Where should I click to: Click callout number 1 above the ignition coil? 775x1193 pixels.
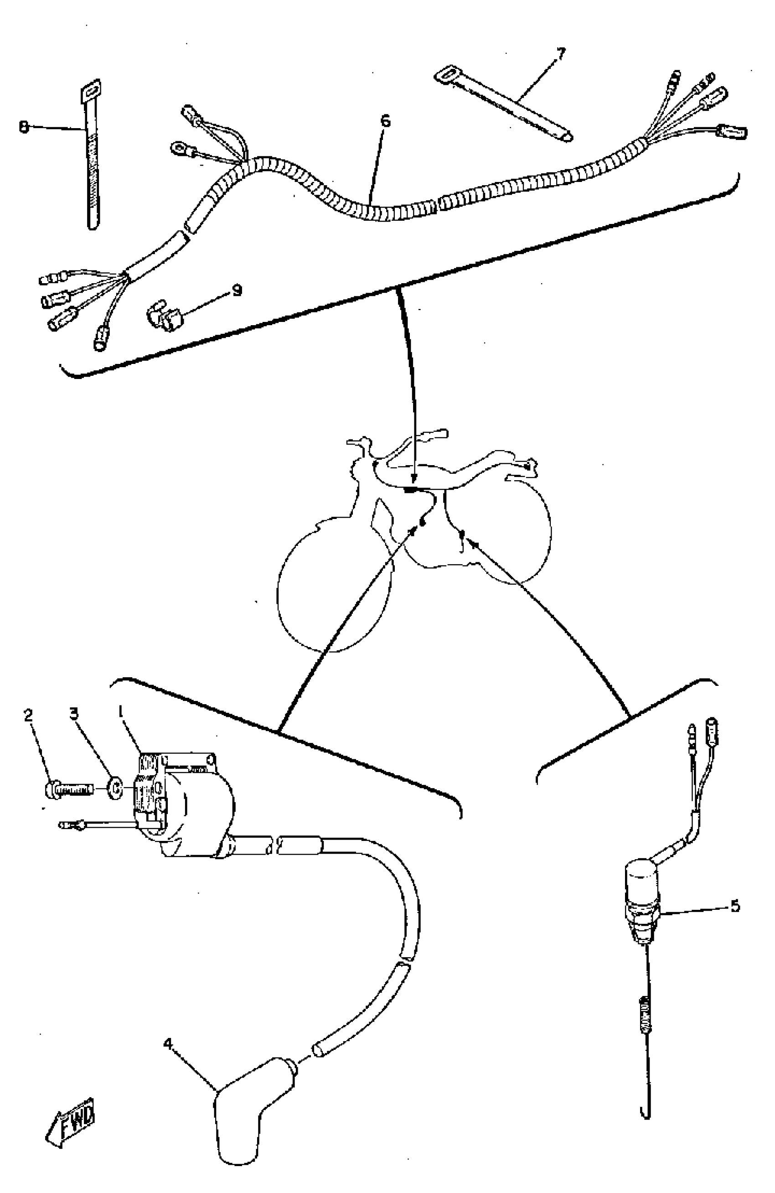pyautogui.click(x=120, y=711)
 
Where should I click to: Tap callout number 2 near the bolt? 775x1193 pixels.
pyautogui.click(x=29, y=716)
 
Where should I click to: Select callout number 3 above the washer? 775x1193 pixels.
pyautogui.click(x=74, y=713)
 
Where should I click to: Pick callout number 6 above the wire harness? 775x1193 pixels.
pyautogui.click(x=385, y=121)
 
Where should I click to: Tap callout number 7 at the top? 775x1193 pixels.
pyautogui.click(x=561, y=54)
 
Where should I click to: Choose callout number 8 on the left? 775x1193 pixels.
pyautogui.click(x=24, y=127)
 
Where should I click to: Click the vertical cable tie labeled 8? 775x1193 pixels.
pyautogui.click(x=91, y=156)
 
